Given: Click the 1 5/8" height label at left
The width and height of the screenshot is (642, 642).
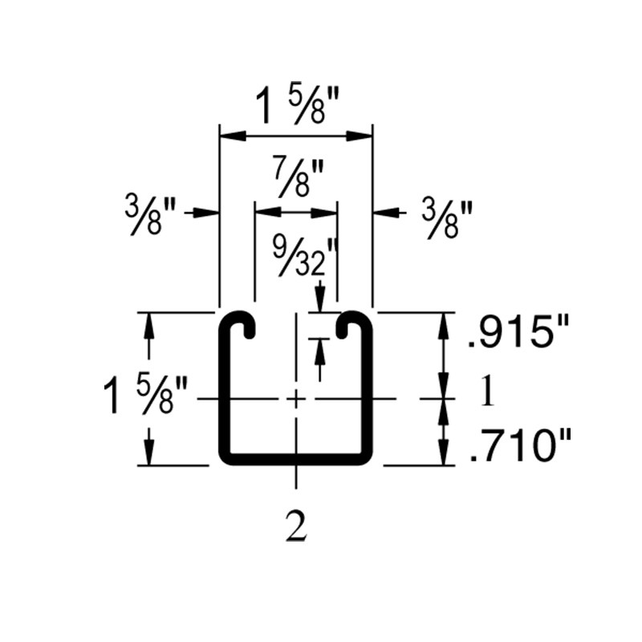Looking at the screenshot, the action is (x=145, y=396).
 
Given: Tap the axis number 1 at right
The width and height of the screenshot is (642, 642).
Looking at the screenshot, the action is (x=486, y=395).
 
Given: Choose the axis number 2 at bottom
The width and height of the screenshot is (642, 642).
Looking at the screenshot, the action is (x=296, y=529).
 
